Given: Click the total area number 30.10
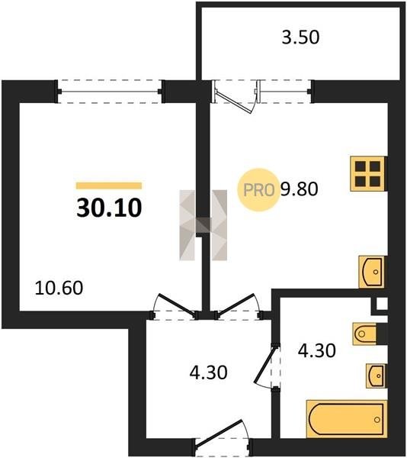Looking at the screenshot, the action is tap(109, 208).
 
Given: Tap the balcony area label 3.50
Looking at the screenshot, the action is tap(300, 37).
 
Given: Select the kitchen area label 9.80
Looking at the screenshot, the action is tap(299, 189).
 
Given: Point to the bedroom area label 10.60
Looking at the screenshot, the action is tap(59, 288).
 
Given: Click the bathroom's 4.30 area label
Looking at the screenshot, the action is tap(316, 350).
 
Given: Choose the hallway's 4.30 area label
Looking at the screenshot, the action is tap(209, 373).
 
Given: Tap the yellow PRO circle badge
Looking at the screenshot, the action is tap(258, 190).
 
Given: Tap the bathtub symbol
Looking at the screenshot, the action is tap(347, 419).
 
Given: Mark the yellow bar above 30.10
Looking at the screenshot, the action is tap(109, 185).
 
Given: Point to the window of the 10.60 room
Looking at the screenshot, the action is tap(110, 92).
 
